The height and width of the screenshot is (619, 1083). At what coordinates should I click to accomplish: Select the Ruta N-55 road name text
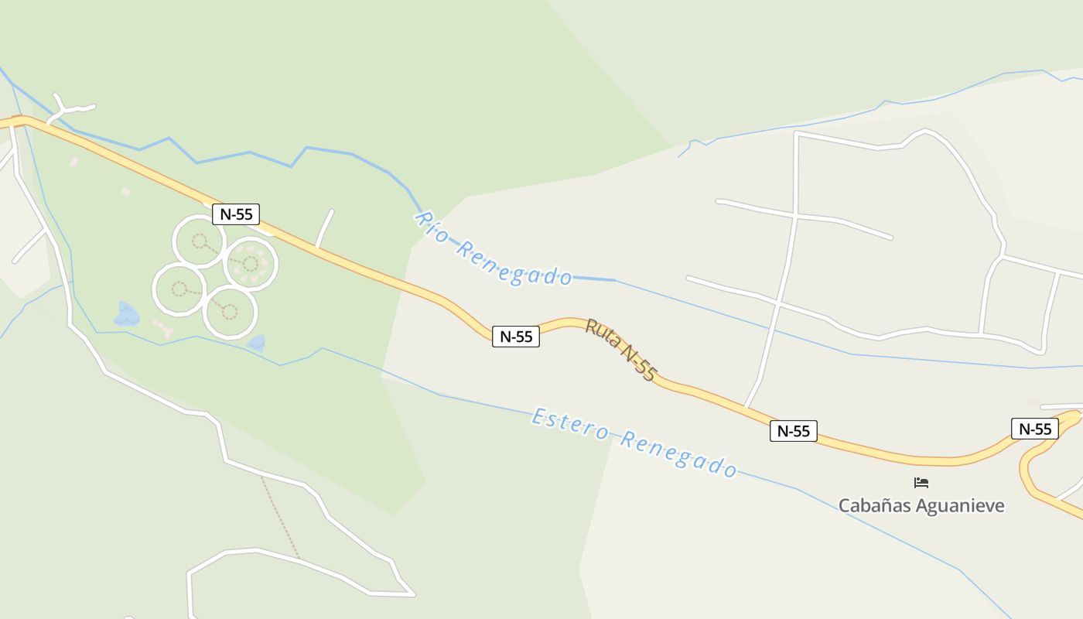[620, 350]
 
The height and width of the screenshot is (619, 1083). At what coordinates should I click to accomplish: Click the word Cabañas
[874, 506]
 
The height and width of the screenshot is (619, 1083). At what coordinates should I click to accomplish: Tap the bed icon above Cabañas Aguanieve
[921, 483]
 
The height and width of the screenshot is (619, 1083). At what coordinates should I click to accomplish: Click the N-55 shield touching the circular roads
[236, 214]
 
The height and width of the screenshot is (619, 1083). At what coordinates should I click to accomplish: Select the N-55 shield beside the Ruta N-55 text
[516, 337]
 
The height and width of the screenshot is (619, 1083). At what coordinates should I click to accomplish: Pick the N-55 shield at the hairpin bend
[1035, 429]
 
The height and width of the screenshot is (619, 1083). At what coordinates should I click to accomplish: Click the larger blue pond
[126, 315]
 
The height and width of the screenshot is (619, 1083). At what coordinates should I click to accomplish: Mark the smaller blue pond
[256, 343]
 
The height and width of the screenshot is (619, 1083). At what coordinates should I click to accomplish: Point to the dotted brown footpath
[280, 516]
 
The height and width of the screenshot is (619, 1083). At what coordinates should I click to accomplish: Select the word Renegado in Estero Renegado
[678, 454]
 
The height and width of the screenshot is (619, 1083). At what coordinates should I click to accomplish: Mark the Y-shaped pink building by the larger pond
[163, 328]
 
